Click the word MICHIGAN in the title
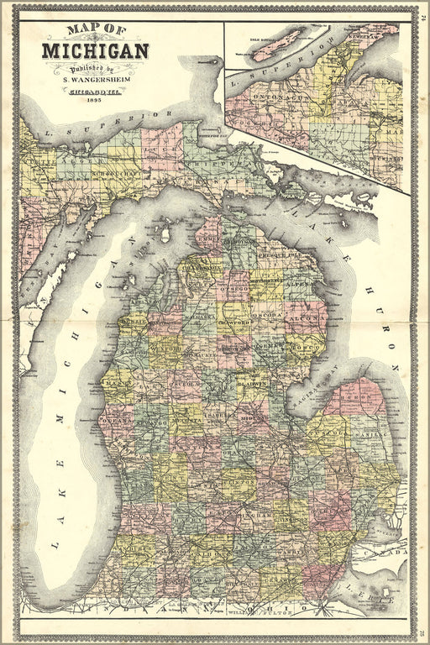pos(94,50)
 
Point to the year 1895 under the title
pos(92,101)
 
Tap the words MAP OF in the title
pos(95,32)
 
